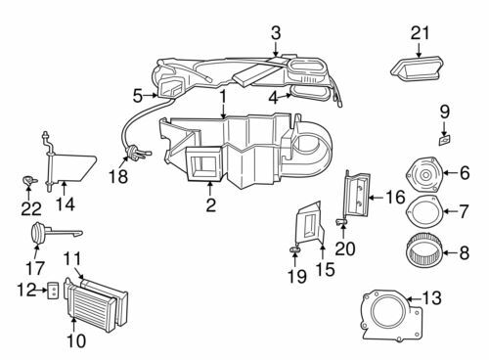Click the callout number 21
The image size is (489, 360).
point(420,33)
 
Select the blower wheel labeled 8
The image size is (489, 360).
point(423,249)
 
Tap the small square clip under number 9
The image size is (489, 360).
point(445,140)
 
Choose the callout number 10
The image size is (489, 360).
point(76,340)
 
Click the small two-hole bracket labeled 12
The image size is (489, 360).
point(54,291)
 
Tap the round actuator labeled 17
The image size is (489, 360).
point(38,232)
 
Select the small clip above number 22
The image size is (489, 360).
point(28,180)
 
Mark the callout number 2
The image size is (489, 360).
point(211,204)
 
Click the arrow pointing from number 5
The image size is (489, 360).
point(151,95)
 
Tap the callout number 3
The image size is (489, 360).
point(276,33)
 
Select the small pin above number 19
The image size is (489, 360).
point(294,249)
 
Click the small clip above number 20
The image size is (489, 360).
point(341,222)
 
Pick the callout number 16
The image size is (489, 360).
point(395,198)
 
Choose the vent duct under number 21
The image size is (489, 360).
point(417,69)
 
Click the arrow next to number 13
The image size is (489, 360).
point(414,298)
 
